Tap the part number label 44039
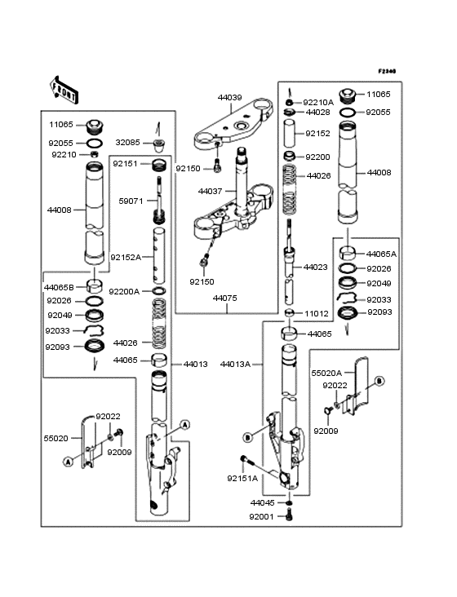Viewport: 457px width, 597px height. point(229,97)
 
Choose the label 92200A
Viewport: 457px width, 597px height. point(124,291)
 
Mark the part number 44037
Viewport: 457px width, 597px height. point(211,191)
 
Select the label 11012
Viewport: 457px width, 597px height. point(317,313)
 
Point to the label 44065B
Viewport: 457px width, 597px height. point(59,287)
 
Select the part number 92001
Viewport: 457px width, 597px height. point(261,516)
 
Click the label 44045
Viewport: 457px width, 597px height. point(262,502)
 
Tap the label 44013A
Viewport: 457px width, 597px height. point(235,365)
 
